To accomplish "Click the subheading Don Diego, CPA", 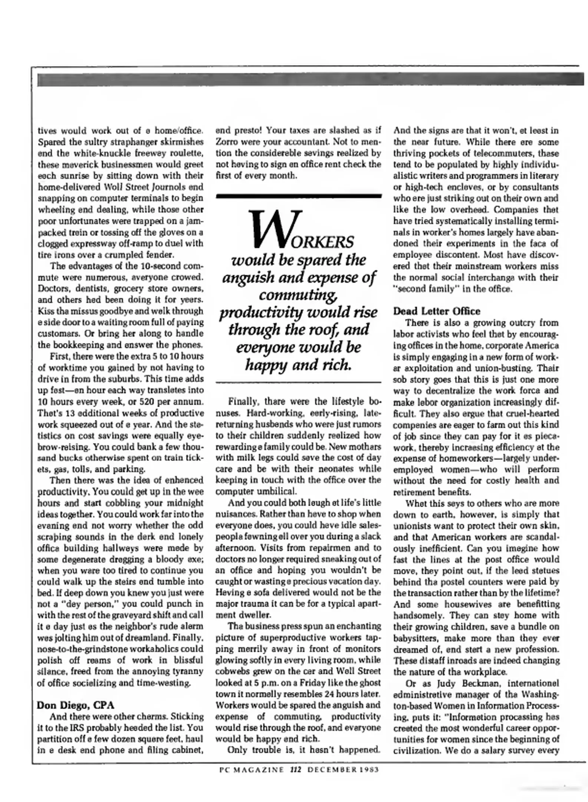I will pos(76,705).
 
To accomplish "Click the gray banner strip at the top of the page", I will pos(310,79).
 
